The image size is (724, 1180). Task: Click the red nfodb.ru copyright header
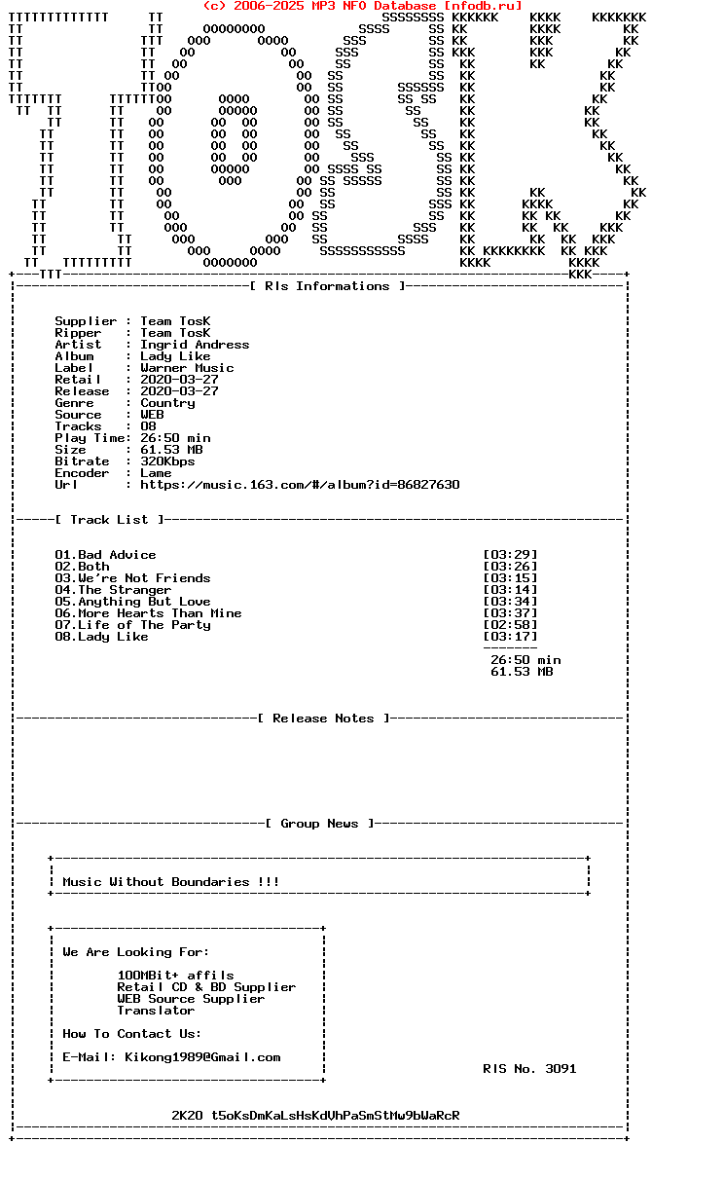(x=362, y=6)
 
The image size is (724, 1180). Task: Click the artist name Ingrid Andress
(x=195, y=345)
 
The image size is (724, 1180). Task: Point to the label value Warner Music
(x=187, y=368)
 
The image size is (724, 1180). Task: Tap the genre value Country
(x=167, y=403)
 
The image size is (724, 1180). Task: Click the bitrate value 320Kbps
(x=167, y=461)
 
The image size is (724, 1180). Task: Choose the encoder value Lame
(x=156, y=473)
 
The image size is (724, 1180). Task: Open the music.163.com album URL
(x=300, y=485)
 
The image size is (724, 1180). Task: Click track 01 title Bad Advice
(x=117, y=555)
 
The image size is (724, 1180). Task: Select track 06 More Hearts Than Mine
(x=160, y=613)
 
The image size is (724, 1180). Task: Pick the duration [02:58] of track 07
(x=510, y=625)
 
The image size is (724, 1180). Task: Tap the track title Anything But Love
(x=144, y=602)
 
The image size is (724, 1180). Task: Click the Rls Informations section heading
(x=327, y=286)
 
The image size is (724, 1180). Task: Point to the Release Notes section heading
(x=323, y=719)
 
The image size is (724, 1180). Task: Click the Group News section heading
(x=319, y=824)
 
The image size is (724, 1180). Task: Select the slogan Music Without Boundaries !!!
(x=171, y=882)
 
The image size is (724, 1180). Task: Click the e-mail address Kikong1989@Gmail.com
(x=202, y=1057)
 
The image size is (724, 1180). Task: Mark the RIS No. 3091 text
(x=529, y=1069)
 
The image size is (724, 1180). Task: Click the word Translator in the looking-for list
(x=156, y=1011)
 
